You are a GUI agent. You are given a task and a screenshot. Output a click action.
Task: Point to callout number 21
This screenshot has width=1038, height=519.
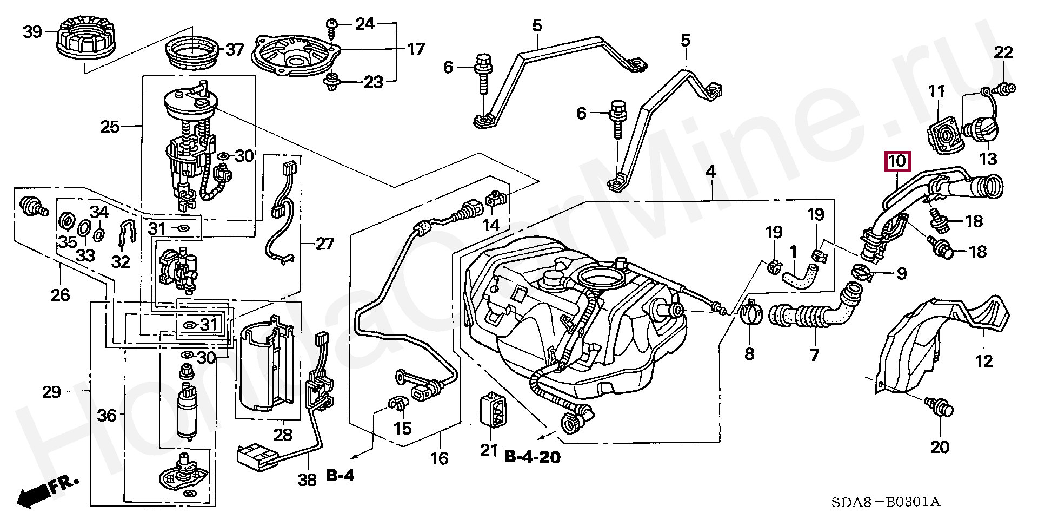click(490, 450)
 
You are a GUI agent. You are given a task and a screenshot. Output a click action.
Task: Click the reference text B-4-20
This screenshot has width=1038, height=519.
click(533, 457)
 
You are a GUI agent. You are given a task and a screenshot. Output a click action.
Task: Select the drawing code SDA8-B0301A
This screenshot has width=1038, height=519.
click(885, 502)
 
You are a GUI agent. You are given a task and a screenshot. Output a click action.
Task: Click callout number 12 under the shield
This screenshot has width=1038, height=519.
click(984, 360)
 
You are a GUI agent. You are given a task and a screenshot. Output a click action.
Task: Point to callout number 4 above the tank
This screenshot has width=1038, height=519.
click(711, 172)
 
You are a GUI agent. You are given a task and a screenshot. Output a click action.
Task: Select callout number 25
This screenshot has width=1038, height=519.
click(110, 127)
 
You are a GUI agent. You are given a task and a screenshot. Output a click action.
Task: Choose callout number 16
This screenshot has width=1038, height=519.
click(440, 458)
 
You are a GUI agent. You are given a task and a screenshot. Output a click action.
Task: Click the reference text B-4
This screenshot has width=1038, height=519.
click(340, 476)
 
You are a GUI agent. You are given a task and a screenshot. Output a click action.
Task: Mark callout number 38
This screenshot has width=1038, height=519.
click(308, 480)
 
